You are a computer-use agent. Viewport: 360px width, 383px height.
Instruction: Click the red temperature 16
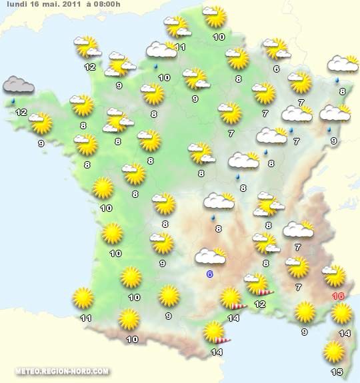(338, 296)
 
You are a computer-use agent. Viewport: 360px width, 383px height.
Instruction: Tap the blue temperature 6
(210, 274)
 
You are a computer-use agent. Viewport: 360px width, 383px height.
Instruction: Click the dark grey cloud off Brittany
(19, 85)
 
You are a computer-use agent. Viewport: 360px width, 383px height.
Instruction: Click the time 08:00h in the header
(106, 5)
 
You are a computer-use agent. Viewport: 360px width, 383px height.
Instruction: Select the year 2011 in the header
(71, 5)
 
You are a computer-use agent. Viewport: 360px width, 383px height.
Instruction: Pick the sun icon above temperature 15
(333, 351)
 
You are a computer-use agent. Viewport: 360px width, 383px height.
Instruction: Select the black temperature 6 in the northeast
(276, 69)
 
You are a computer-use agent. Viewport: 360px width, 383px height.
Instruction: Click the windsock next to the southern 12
(265, 291)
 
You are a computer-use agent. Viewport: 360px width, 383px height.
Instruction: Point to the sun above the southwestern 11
(83, 298)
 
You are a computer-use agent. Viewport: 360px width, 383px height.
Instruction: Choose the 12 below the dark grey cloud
(21, 112)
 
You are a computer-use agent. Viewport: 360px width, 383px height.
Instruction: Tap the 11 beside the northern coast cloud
(180, 47)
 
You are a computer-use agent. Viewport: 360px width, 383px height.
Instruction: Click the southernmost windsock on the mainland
(221, 340)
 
